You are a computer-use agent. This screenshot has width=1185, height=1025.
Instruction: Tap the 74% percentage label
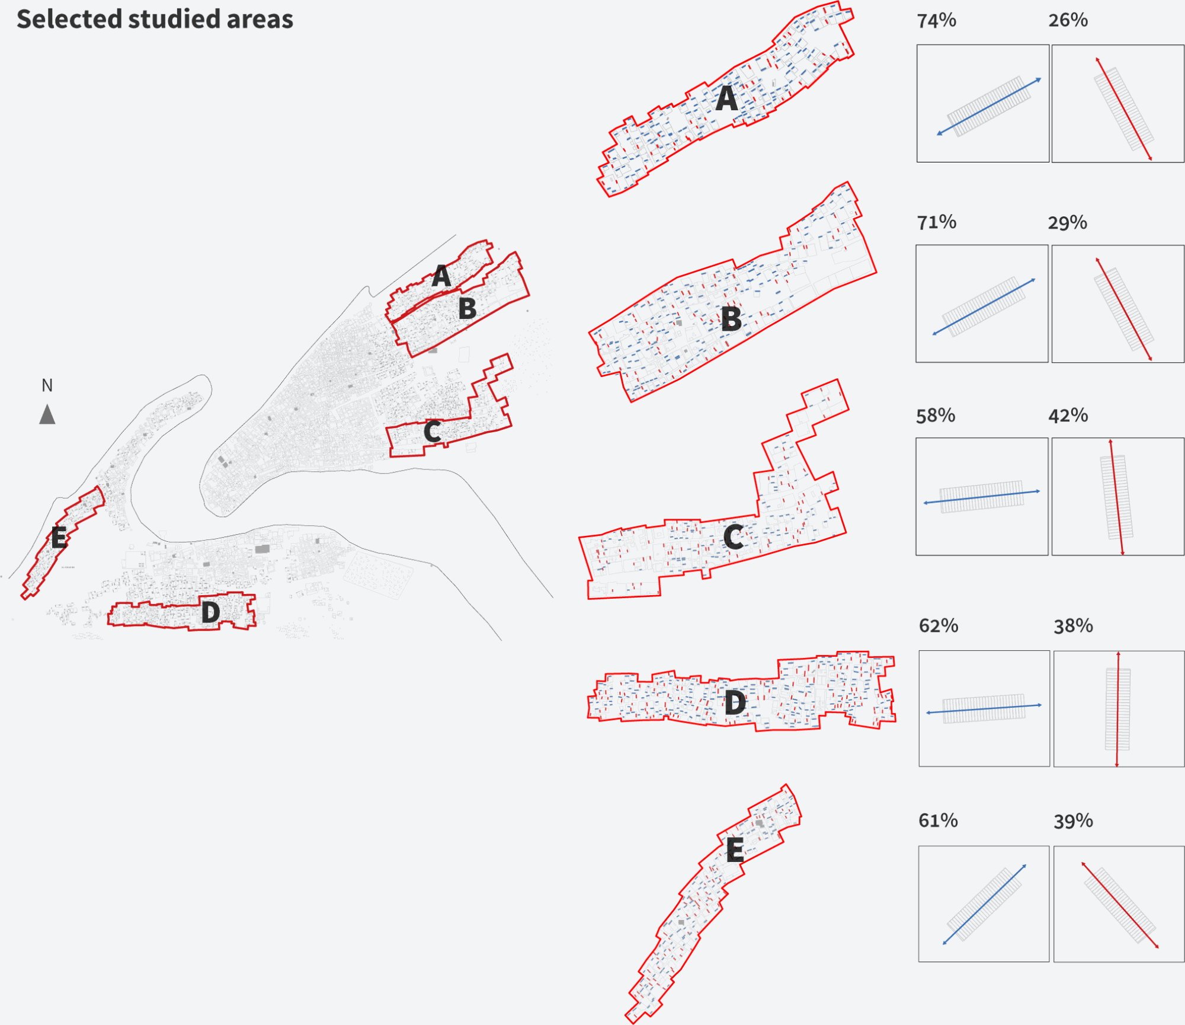coord(937,21)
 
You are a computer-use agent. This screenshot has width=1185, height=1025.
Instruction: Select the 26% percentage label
coord(1068,20)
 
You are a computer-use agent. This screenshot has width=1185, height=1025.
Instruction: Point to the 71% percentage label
coord(937,222)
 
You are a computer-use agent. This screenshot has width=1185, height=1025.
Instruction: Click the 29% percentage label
coord(1068,223)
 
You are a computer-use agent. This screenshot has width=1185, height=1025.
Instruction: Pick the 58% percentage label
coord(936,416)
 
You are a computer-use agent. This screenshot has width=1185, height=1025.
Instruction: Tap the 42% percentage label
coord(1068,416)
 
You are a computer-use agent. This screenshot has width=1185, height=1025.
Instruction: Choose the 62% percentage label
coord(939,625)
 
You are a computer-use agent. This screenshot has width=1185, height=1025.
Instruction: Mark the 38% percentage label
coord(1074,625)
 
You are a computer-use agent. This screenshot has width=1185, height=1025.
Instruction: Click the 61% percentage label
coord(939,820)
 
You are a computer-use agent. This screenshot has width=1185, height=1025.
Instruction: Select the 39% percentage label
coord(1074,821)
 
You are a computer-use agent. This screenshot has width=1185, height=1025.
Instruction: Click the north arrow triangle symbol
coord(47,414)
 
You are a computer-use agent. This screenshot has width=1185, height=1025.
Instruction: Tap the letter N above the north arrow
coord(47,385)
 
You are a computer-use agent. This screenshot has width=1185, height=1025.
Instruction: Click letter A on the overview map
coord(441,276)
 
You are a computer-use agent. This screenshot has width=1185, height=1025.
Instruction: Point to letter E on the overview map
coord(58,538)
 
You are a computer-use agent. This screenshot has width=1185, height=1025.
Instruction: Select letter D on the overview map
coord(211,612)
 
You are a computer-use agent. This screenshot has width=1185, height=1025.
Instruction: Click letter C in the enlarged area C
coord(734,537)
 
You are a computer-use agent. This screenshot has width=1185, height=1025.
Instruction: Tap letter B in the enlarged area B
coord(732,319)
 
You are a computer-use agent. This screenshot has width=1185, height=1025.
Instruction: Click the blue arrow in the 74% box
coord(989,107)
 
